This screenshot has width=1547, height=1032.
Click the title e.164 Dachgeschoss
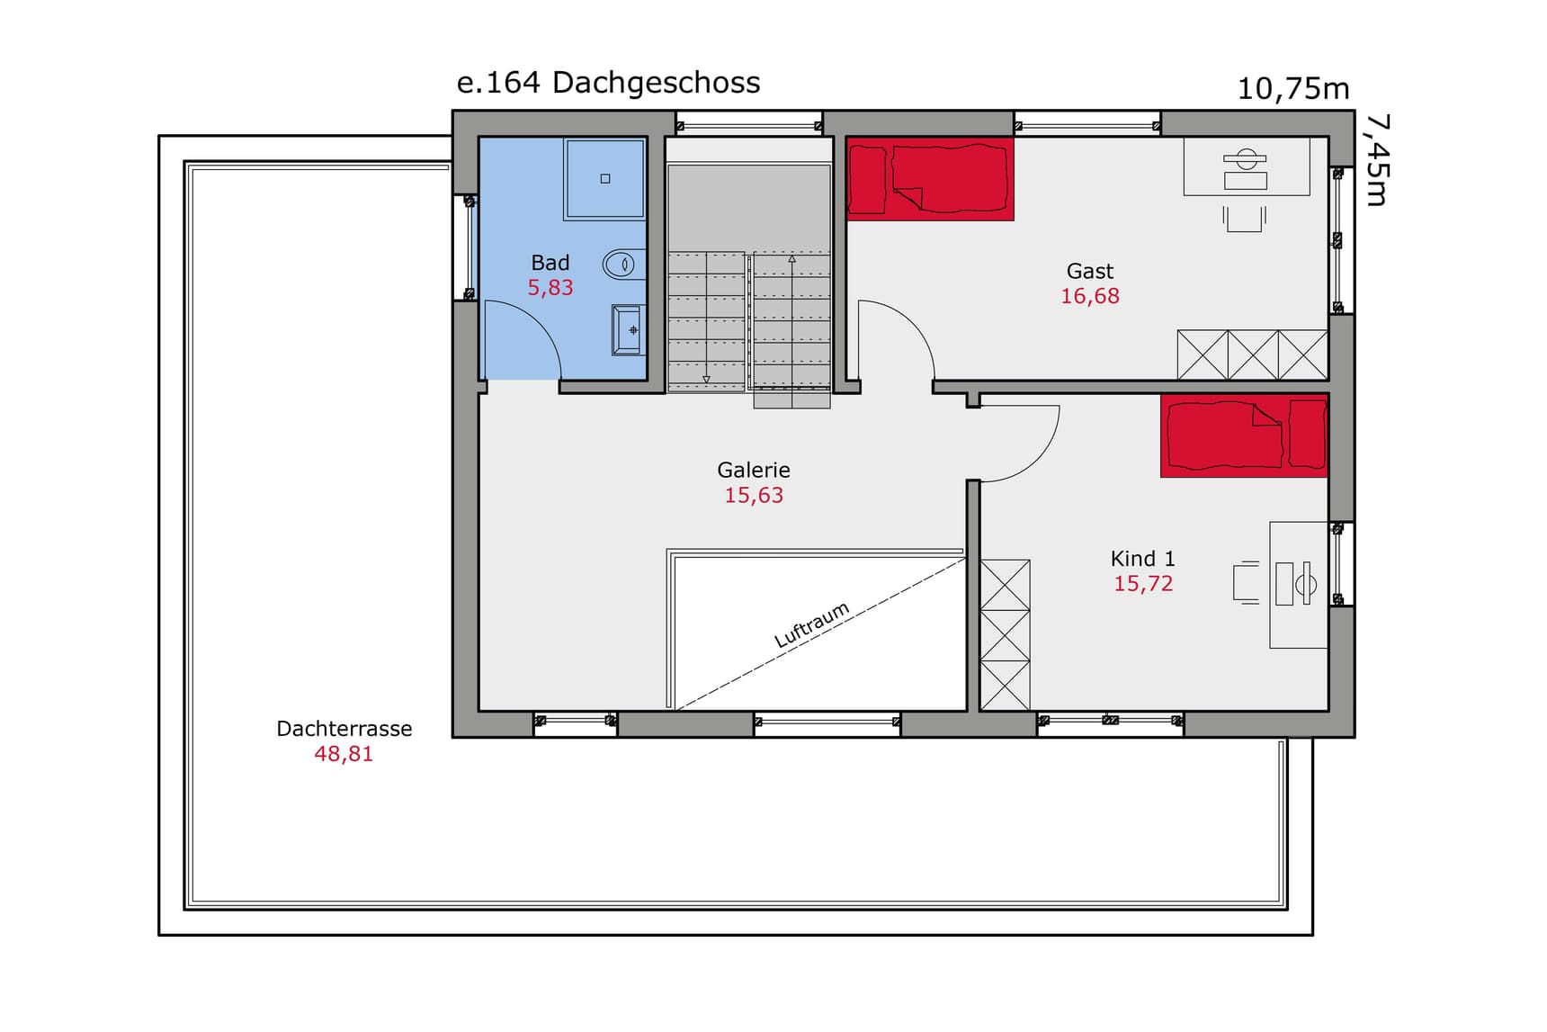pos(608,83)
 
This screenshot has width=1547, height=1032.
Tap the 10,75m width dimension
pos(1293,89)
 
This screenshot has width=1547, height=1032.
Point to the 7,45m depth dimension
pos(1377,159)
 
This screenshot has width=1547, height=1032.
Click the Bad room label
pos(550,263)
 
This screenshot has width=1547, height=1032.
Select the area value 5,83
pos(550,288)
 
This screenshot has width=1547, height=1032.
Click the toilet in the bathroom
pos(623,265)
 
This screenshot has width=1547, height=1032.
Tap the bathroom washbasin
pos(628,330)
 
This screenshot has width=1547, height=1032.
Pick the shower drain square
pos(605,179)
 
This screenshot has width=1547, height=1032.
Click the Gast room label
pos(1090,271)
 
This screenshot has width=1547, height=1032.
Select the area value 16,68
pos(1090,296)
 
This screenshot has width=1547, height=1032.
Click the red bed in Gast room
pos(930,178)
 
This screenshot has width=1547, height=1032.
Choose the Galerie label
pos(754,470)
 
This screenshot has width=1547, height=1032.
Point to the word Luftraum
pos(812,624)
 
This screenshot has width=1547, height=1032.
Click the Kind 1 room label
pos(1143,559)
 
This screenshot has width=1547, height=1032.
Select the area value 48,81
pos(344,754)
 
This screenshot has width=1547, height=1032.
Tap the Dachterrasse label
pos(344,729)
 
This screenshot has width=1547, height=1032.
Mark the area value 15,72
pos(1143,584)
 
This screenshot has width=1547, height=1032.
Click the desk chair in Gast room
pos(1245,219)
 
